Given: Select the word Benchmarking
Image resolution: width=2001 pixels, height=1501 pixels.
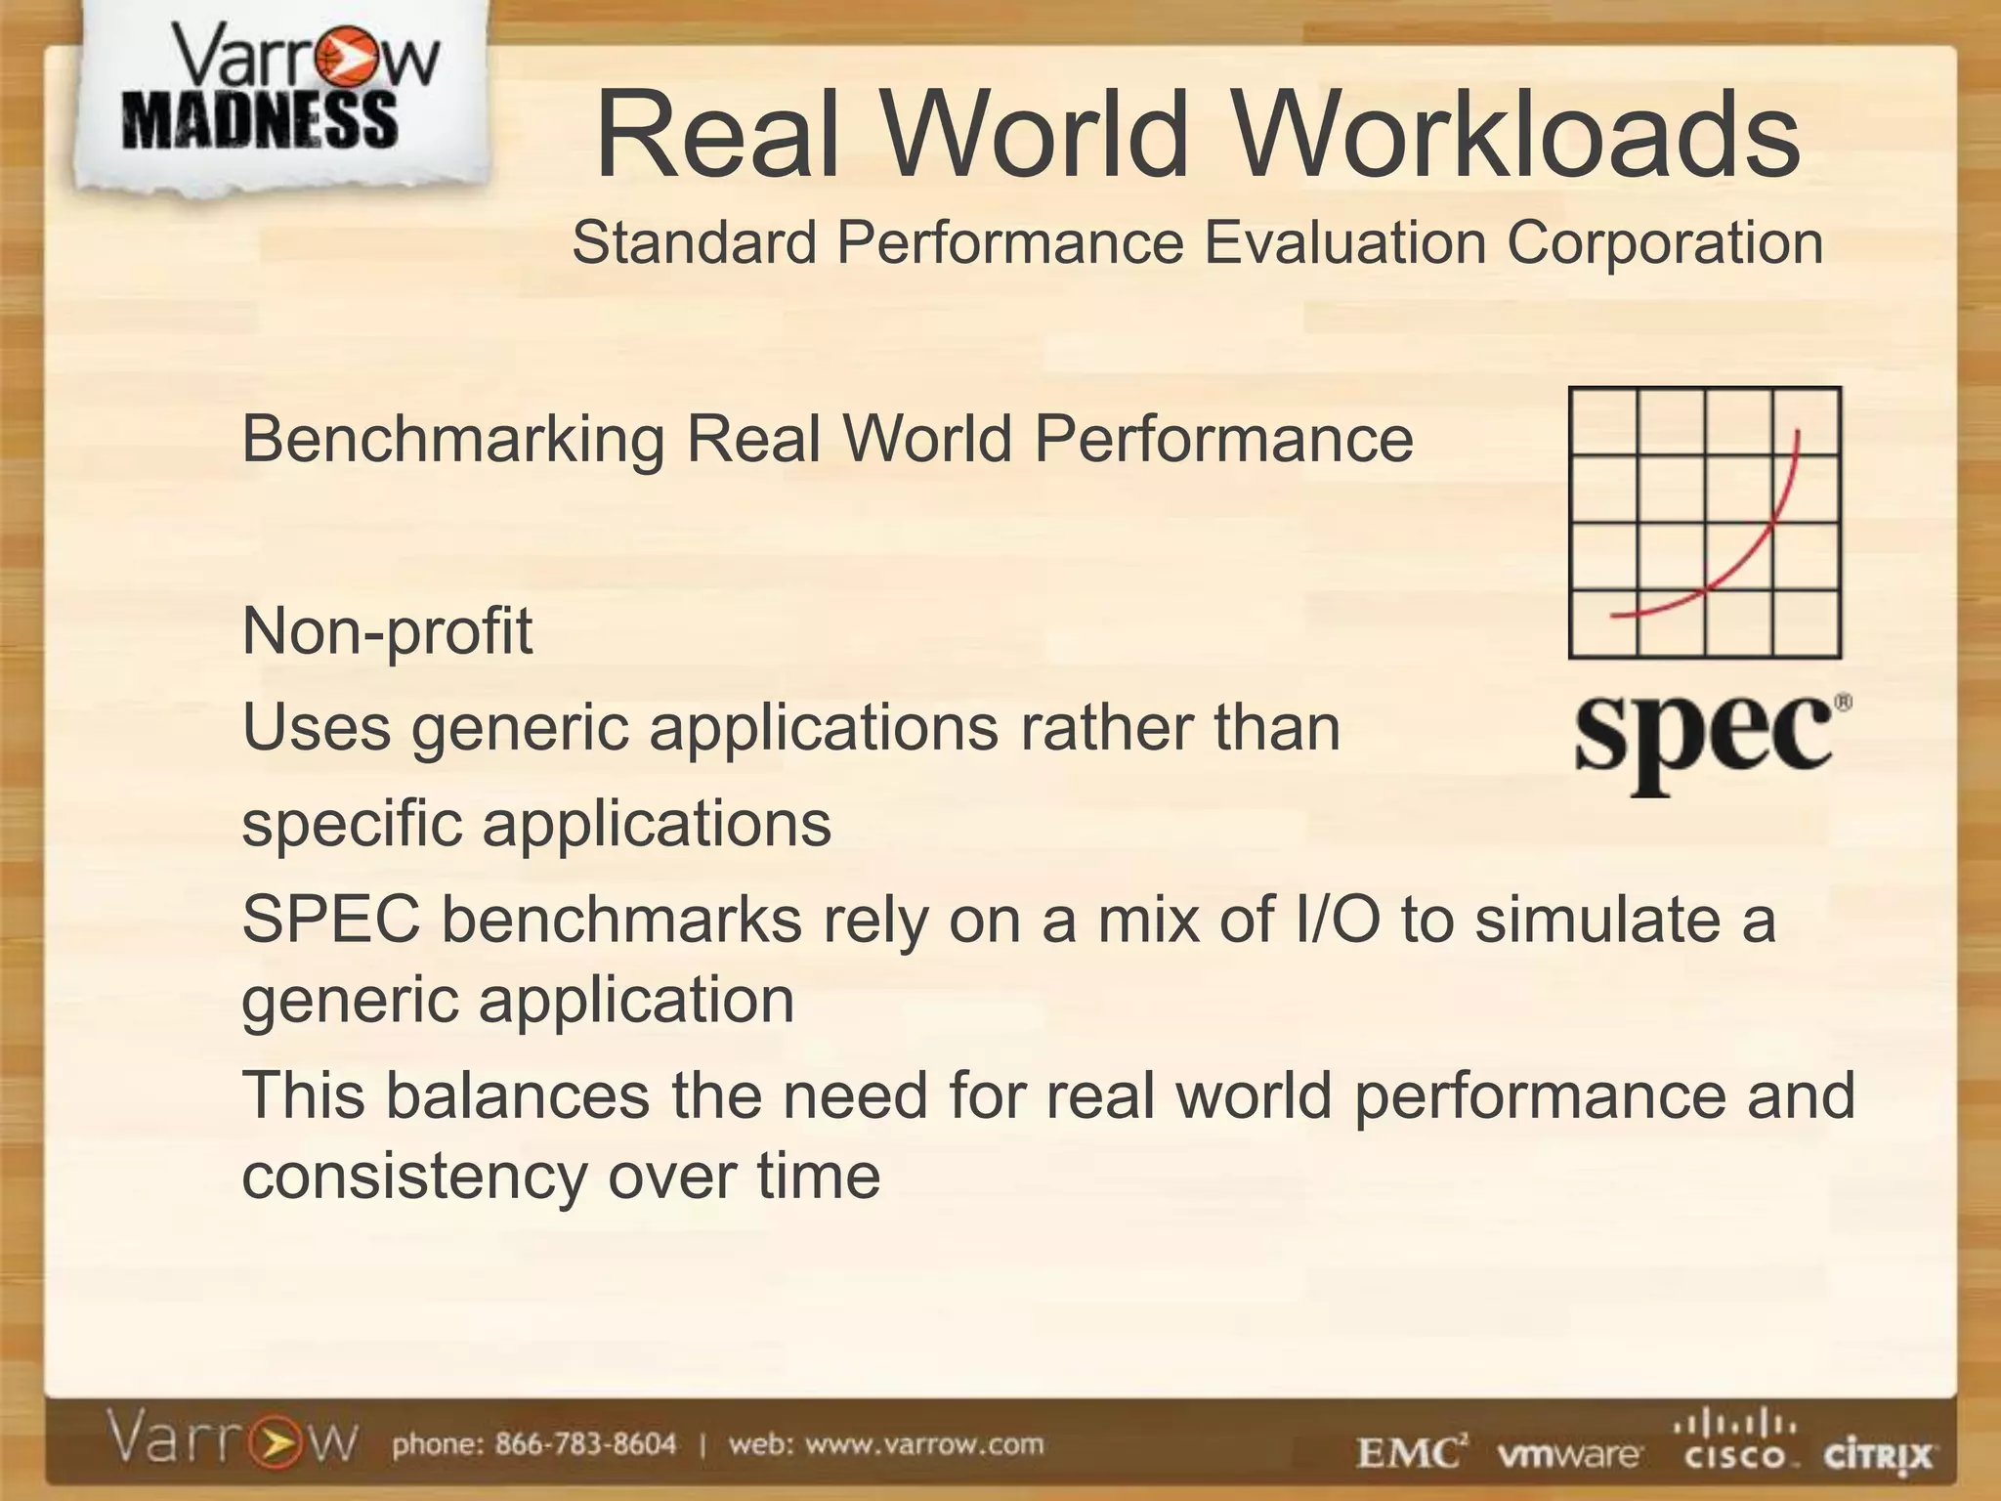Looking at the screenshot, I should pyautogui.click(x=452, y=439).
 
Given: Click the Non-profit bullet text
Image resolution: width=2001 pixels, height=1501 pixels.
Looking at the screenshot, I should pyautogui.click(x=387, y=631).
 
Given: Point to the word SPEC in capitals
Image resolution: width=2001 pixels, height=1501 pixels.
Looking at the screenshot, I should pyautogui.click(x=331, y=920).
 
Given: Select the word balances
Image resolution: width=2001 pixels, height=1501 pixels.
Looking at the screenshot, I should pyautogui.click(x=517, y=1095).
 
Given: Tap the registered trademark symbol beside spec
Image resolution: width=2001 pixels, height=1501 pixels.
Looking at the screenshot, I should pyautogui.click(x=1843, y=703).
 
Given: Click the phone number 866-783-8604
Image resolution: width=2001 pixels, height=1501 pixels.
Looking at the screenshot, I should pyautogui.click(x=584, y=1444).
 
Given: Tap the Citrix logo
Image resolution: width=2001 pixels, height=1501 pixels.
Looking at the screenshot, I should pyautogui.click(x=1878, y=1455).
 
